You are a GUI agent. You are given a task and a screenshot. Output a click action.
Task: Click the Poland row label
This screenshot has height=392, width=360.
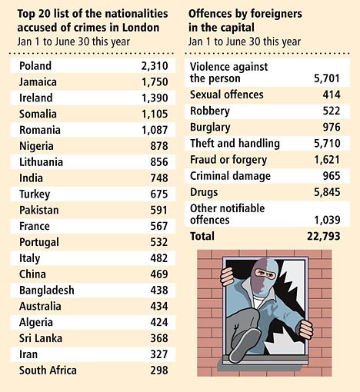[x=35, y=66]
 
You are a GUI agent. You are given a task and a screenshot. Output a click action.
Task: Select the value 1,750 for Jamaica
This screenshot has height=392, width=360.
[x=155, y=82]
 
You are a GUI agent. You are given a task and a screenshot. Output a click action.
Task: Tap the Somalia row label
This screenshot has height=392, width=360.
[x=38, y=114]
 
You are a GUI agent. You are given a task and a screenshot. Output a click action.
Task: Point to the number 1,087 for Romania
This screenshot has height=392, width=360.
[x=155, y=130]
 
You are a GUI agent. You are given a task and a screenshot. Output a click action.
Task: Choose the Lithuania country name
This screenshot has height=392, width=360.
[x=41, y=162]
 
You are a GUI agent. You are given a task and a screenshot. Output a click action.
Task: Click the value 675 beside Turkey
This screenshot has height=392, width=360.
[x=159, y=194]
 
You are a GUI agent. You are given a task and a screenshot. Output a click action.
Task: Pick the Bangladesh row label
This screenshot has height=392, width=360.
[x=47, y=291]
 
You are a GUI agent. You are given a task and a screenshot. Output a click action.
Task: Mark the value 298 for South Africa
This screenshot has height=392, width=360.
[x=159, y=370]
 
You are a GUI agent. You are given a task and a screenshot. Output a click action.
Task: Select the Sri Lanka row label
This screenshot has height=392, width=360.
[x=41, y=338]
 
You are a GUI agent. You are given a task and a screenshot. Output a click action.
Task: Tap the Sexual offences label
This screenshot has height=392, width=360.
[x=227, y=95]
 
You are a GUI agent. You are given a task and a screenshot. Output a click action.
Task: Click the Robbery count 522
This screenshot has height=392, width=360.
[x=332, y=111]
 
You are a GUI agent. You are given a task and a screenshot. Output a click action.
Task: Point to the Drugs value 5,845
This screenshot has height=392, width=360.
[x=327, y=192]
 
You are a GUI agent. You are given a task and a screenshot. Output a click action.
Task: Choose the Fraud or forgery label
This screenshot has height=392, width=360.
[x=228, y=160]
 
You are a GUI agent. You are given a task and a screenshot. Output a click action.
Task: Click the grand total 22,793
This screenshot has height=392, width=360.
[x=324, y=236]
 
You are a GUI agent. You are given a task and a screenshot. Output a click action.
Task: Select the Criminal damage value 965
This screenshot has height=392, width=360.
[x=332, y=176]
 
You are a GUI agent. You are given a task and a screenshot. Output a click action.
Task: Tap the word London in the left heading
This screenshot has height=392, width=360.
[x=141, y=28]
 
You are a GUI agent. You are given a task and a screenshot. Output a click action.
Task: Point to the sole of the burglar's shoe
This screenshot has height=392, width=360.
[x=245, y=346]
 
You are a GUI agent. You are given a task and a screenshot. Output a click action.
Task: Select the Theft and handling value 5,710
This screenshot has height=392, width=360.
[x=327, y=144]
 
